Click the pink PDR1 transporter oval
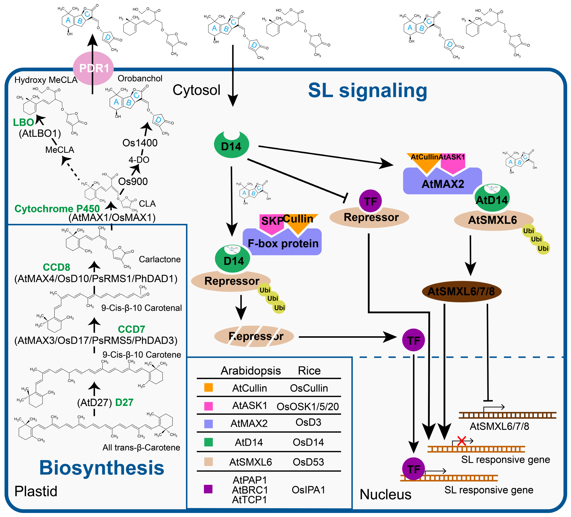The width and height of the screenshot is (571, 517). tap(93, 68)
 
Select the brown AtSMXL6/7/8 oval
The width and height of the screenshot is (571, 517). tap(461, 291)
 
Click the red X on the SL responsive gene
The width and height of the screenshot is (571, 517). tap(462, 441)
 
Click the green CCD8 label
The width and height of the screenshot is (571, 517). tap(56, 267)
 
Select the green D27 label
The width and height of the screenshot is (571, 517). tap(124, 402)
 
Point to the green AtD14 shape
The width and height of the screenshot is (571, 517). tap(492, 199)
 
